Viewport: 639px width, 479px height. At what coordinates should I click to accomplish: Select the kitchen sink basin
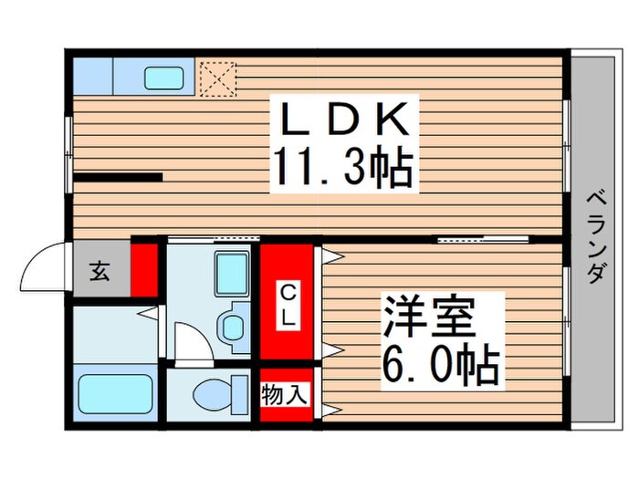[166, 78]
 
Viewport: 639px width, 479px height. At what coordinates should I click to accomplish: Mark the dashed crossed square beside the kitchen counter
[217, 78]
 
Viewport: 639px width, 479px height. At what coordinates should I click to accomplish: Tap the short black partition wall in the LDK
[118, 177]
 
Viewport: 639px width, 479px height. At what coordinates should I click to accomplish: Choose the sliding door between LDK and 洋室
[483, 239]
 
